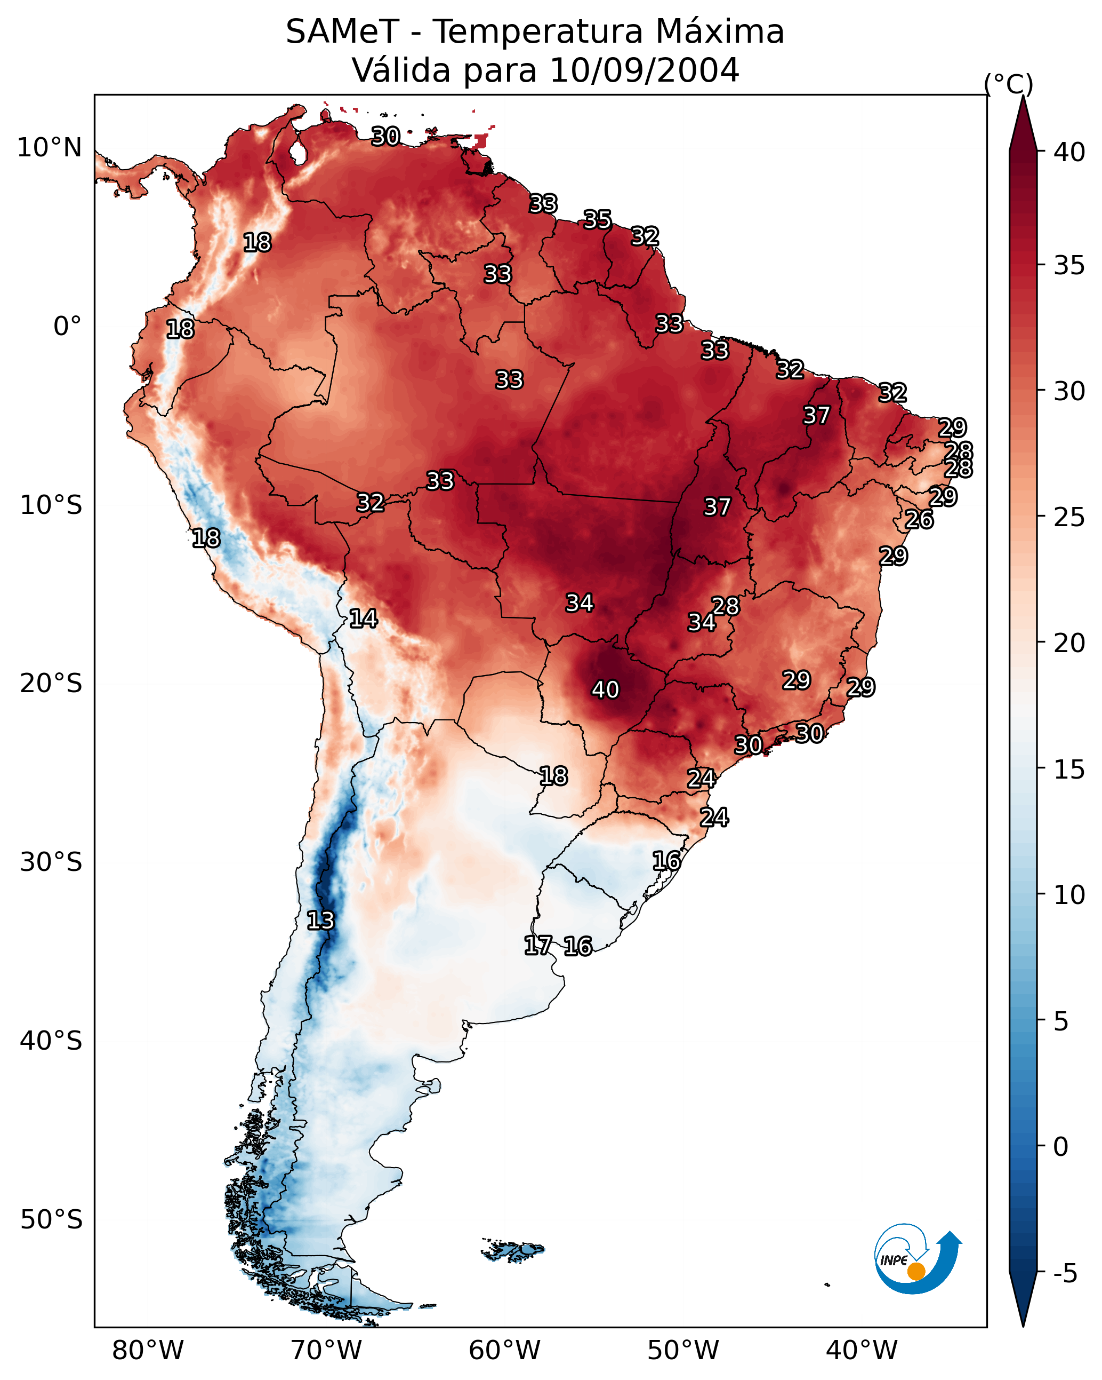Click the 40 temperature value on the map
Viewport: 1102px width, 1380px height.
[605, 689]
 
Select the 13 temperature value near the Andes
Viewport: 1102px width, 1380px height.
[320, 921]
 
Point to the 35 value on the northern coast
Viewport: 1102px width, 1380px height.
[597, 219]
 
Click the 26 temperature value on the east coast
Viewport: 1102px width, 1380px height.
[919, 519]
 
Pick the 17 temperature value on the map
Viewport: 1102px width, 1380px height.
[537, 945]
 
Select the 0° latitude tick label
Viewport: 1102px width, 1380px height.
[67, 327]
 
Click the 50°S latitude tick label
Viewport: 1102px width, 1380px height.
[51, 1220]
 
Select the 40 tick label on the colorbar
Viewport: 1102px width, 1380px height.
[1069, 152]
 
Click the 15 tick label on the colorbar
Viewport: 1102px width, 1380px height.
[1069, 770]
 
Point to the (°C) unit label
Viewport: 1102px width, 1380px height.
[1008, 83]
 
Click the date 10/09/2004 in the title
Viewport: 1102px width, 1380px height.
[644, 70]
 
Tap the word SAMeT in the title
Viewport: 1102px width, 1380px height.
[342, 31]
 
